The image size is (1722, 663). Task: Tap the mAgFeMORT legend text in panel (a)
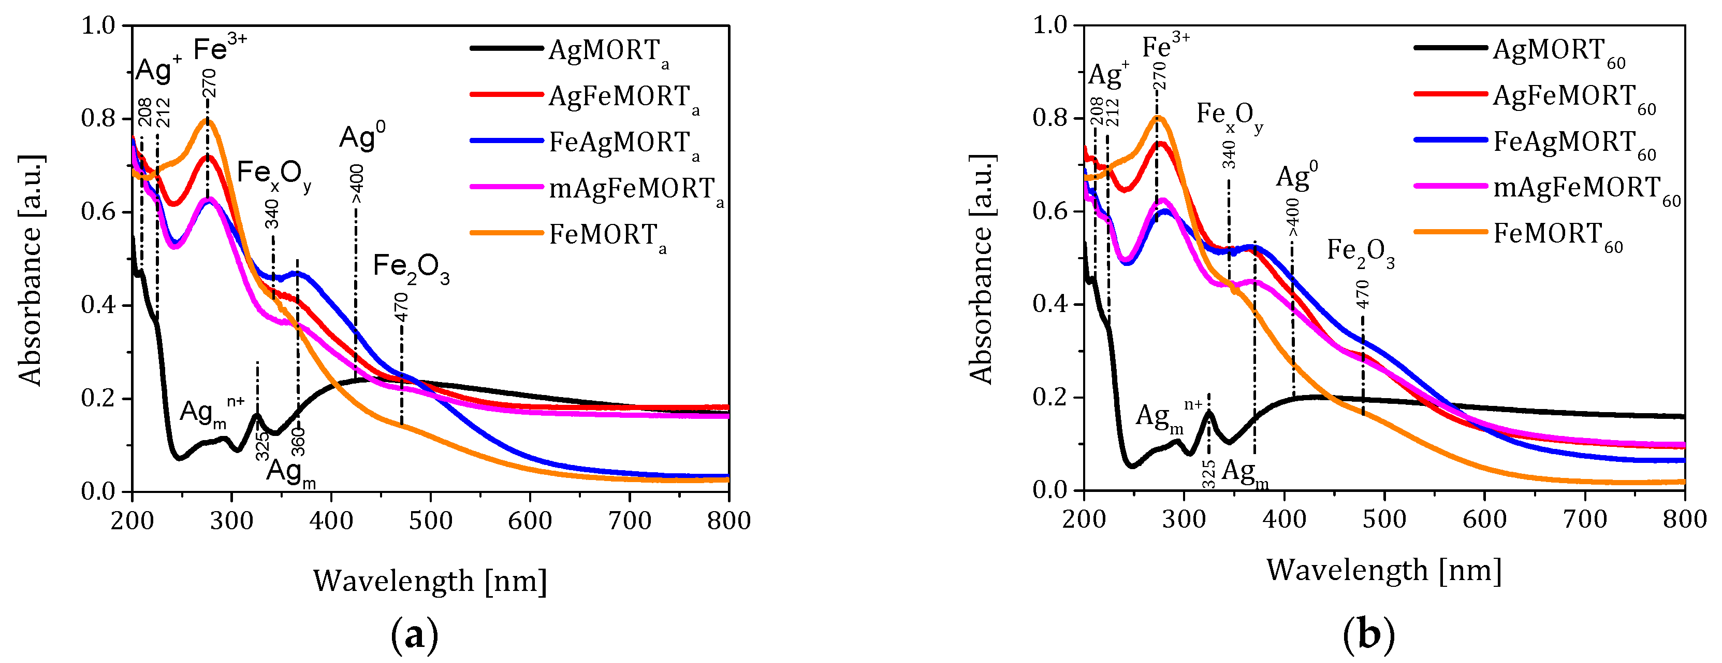pos(632,189)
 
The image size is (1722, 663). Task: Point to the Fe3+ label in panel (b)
pos(1165,47)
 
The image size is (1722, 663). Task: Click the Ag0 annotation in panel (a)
pos(362,137)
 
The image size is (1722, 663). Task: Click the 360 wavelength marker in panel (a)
pos(299,442)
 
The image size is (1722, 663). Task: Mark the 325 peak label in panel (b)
pos(1208,474)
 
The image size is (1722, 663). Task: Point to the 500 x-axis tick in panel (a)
pos(431,520)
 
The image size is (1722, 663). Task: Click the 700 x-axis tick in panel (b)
pos(1585,519)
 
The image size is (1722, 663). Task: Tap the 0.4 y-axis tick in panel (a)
pos(98,305)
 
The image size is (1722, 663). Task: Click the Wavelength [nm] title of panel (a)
pos(430,581)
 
